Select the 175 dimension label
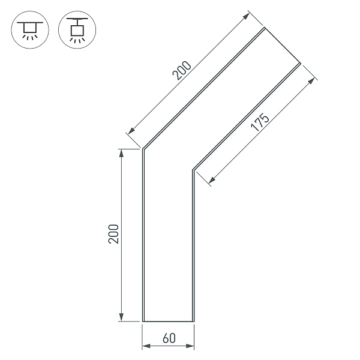pos(260,122)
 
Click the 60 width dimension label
pos(169,338)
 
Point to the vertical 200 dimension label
pos(114,235)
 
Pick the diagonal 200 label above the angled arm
pos(181,71)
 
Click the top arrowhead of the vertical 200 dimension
pos(122,152)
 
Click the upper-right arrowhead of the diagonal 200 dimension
pos(247,15)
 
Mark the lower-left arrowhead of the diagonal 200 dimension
pos(128,131)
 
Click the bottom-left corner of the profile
pos(143,322)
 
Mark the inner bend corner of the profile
pos(193,170)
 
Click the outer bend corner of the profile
pos(142,149)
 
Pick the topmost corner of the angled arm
pos(264,28)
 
